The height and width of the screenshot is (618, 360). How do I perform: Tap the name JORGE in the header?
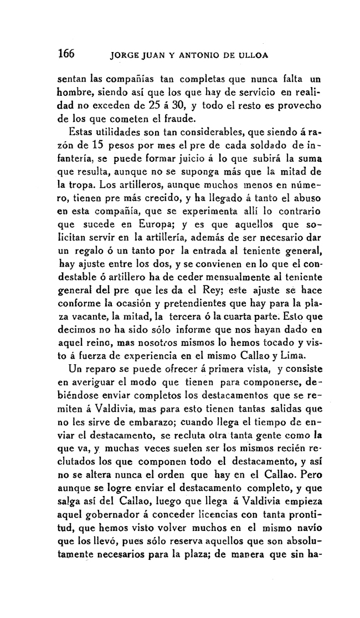[125, 55]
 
